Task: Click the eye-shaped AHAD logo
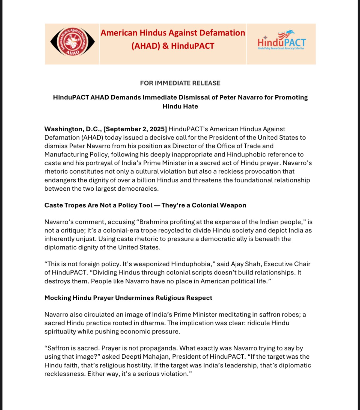point(73,42)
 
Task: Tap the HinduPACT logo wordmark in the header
point(281,43)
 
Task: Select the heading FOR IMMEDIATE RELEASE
point(180,83)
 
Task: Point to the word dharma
point(153,323)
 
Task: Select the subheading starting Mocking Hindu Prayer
point(128,298)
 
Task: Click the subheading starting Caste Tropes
point(145,205)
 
